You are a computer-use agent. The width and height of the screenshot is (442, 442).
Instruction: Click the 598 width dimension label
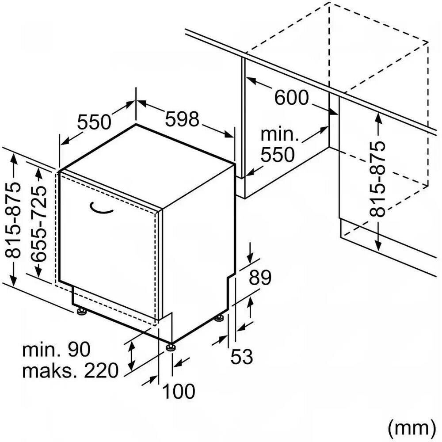(x=183, y=119)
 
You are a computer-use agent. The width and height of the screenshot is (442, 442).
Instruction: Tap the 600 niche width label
(x=291, y=97)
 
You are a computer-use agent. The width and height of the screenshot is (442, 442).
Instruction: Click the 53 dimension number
(x=242, y=356)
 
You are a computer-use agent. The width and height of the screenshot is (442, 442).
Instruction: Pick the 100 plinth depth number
(x=179, y=391)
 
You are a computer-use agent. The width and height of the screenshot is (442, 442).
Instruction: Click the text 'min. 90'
(x=57, y=350)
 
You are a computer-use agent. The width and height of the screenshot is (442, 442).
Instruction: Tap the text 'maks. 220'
(x=70, y=370)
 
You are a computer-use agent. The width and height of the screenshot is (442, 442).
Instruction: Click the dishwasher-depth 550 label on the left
(x=94, y=122)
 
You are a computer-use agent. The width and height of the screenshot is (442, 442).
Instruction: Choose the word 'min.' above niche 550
(x=280, y=135)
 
